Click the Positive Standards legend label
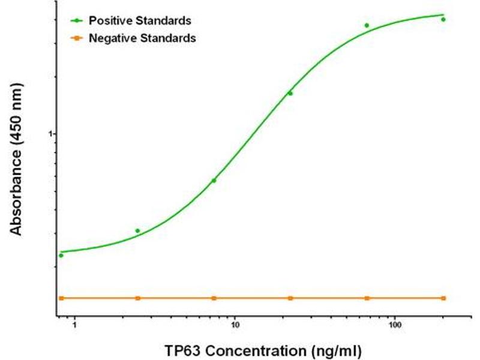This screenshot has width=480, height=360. point(140,20)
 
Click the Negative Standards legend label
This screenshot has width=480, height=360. point(142,38)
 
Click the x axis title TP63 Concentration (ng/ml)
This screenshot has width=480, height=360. point(264,349)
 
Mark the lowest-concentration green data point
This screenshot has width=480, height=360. point(61,255)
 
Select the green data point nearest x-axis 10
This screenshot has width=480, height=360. point(214,180)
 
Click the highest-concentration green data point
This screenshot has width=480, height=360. point(443,19)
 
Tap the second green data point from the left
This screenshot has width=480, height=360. point(137,230)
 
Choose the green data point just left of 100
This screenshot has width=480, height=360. point(367,25)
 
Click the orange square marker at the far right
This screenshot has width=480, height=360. point(443,298)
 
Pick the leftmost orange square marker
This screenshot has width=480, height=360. point(61,298)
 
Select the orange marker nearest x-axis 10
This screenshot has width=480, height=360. point(214,298)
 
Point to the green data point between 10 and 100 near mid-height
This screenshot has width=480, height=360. point(290,93)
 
